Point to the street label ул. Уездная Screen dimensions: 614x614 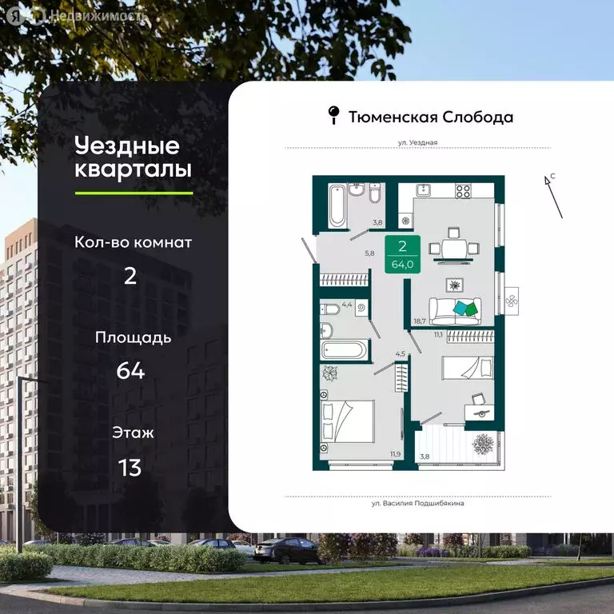417,142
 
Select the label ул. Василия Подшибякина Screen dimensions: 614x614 417,504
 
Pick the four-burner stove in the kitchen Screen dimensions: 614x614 463,191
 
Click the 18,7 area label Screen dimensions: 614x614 419,321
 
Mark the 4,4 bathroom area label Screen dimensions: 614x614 346,305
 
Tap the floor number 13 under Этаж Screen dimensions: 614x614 130,467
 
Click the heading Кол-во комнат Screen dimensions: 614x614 134,242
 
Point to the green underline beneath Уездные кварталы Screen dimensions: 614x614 134,193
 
